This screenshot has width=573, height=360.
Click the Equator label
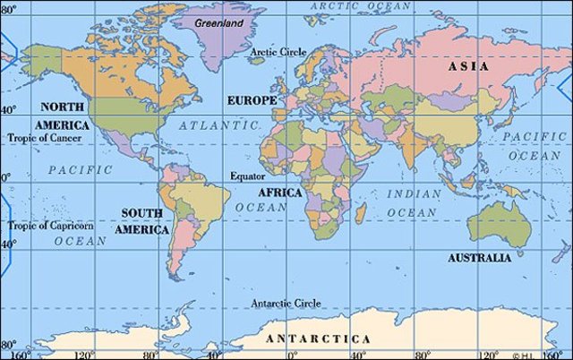(247, 176)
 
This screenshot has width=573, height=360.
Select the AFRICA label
(280, 193)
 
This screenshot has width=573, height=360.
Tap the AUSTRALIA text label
(480, 258)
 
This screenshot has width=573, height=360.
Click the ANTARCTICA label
(318, 339)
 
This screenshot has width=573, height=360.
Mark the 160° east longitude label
(557, 354)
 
